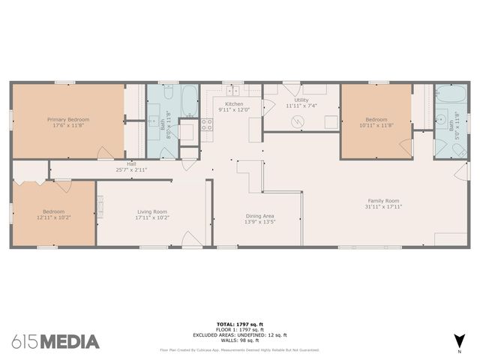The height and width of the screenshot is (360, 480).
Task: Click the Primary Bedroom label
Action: tap(68, 119)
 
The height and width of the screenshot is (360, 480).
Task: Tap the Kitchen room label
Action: tap(234, 103)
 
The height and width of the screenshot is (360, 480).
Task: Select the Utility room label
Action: tap(301, 100)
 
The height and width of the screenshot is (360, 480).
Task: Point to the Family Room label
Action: tap(382, 200)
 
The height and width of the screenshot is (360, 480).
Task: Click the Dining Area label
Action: tap(259, 216)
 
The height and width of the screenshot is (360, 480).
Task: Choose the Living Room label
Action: tap(151, 211)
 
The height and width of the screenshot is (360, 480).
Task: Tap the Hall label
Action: tap(131, 163)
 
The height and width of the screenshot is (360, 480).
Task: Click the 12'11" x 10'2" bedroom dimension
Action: tap(53, 217)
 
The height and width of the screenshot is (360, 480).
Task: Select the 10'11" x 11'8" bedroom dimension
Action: tap(376, 125)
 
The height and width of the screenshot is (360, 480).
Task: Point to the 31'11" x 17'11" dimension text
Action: tap(382, 206)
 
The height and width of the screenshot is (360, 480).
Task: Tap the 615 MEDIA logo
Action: tap(55, 342)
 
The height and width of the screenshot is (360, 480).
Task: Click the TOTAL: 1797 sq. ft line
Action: tap(239, 325)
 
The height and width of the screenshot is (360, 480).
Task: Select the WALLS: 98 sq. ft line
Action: tap(239, 340)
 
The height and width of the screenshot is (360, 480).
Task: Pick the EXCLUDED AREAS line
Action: tap(239, 335)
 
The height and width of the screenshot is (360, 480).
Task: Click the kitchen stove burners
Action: tap(207, 125)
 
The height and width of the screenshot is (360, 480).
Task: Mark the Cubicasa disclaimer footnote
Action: tap(239, 349)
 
